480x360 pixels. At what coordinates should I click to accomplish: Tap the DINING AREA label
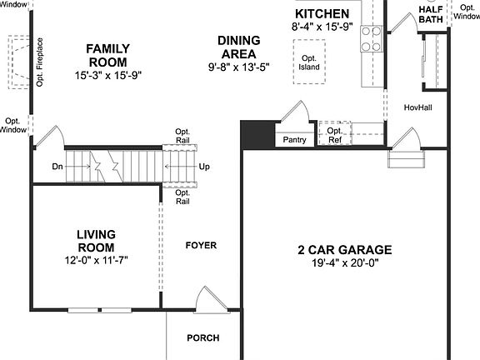pyautogui.click(x=238, y=47)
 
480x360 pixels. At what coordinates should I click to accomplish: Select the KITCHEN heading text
pyautogui.click(x=322, y=14)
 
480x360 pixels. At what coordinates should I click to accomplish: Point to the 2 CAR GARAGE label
pyautogui.click(x=345, y=249)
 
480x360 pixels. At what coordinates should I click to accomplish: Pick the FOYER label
pyautogui.click(x=201, y=245)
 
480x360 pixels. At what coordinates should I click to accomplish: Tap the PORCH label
pyautogui.click(x=203, y=337)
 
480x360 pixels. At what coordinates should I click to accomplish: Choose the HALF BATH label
pyautogui.click(x=430, y=13)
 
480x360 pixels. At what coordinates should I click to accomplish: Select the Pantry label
pyautogui.click(x=295, y=140)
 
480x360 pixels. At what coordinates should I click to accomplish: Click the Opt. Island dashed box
pyautogui.click(x=309, y=62)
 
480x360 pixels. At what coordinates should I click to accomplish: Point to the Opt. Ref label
pyautogui.click(x=334, y=135)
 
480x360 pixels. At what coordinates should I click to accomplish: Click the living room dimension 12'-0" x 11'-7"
pyautogui.click(x=96, y=260)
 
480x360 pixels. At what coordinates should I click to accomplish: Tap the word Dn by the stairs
pyautogui.click(x=57, y=167)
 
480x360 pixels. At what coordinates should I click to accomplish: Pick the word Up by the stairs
pyautogui.click(x=204, y=167)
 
